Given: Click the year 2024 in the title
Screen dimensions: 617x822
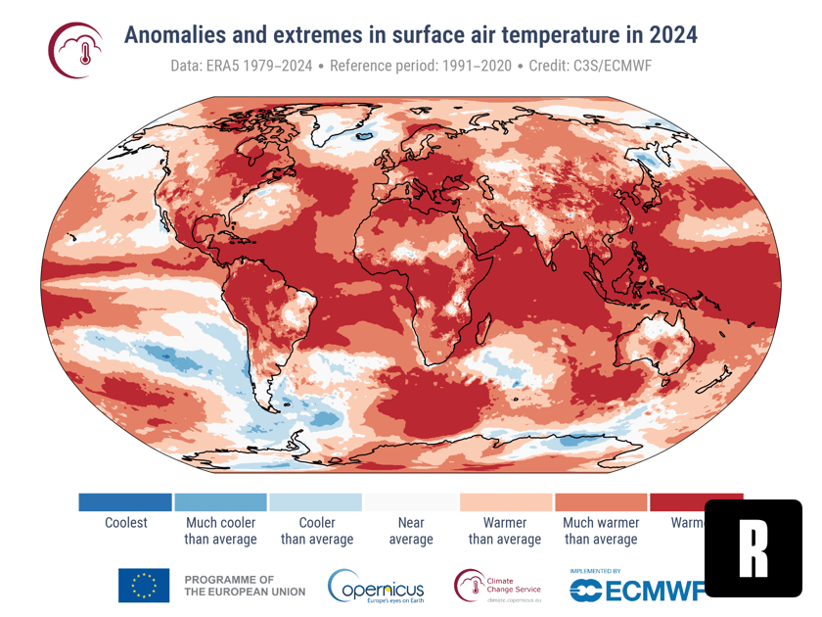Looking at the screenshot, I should [670, 34].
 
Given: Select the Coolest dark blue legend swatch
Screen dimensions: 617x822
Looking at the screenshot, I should [125, 502].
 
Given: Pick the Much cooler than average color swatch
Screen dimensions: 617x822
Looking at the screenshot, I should [220, 502].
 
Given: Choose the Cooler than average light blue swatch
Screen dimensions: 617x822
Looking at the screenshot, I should [316, 502].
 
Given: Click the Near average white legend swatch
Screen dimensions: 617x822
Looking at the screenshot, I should [411, 502].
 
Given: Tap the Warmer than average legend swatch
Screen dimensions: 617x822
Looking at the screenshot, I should [505, 502].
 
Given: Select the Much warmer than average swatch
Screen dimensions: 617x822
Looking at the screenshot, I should [601, 502].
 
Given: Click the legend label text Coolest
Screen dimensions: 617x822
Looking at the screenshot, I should [125, 523].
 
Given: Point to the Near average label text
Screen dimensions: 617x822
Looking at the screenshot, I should [411, 531].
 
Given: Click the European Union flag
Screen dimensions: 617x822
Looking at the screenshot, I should [144, 585].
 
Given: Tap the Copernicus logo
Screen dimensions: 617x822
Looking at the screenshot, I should [376, 587].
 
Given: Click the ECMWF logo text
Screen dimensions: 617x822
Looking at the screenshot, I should [637, 589].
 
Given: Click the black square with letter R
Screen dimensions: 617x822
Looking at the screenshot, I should [753, 547].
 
